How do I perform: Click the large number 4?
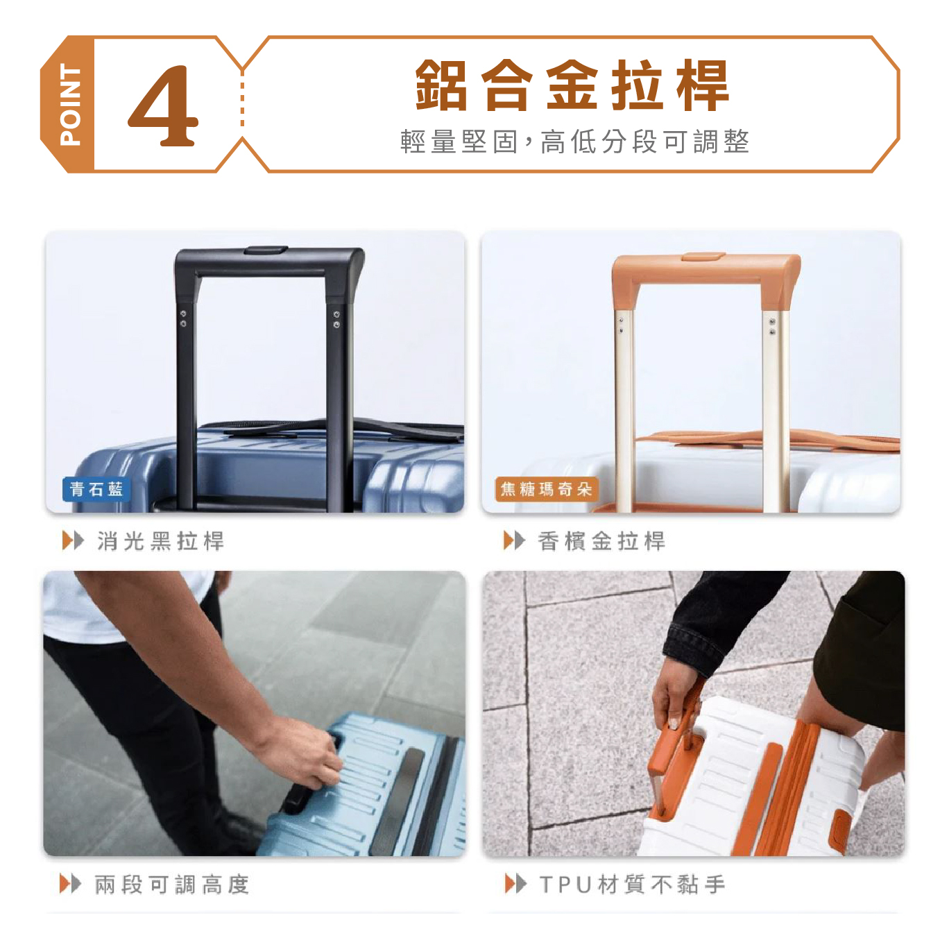click(163, 106)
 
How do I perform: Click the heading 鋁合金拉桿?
click(572, 86)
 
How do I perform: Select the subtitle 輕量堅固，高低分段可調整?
click(574, 142)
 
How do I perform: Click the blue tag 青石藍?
click(96, 489)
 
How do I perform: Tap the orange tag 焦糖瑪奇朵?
click(546, 489)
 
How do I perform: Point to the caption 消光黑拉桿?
click(160, 541)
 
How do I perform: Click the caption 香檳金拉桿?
click(601, 541)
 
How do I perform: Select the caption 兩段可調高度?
click(172, 885)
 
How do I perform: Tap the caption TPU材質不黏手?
click(633, 885)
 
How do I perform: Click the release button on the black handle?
click(266, 250)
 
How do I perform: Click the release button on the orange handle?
click(703, 257)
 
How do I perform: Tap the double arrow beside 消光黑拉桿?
click(73, 541)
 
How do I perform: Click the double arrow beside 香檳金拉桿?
click(514, 541)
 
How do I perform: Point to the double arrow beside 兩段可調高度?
click(70, 884)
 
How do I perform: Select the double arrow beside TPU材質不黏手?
click(516, 884)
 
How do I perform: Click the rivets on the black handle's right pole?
click(336, 320)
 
